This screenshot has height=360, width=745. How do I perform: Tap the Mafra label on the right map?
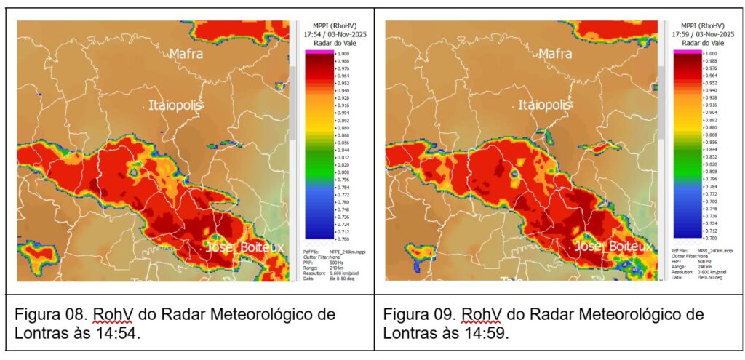tap(554, 53)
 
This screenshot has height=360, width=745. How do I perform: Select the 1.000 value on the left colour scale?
tap(344, 54)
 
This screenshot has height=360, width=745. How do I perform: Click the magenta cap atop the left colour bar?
tap(319, 52)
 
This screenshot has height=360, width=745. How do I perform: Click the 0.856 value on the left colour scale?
tap(344, 143)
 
